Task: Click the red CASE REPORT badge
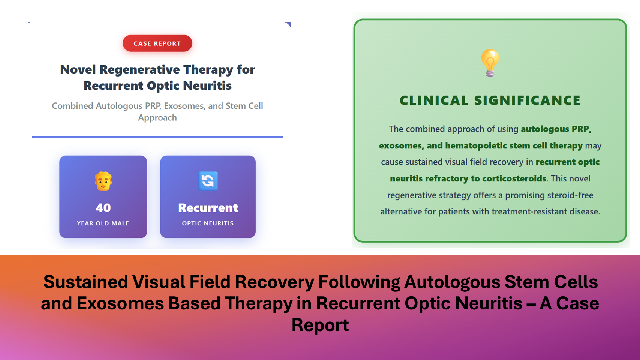157,43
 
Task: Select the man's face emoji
103,181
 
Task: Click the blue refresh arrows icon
208,181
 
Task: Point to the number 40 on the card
103,208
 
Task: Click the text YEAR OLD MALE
103,223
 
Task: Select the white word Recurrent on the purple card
208,208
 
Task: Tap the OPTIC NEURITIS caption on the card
208,223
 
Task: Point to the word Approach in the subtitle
157,118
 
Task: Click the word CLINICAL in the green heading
434,100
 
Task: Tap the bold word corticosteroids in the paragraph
514,178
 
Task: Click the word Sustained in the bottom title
86,282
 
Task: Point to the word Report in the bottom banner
320,325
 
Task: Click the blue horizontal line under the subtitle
157,137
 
